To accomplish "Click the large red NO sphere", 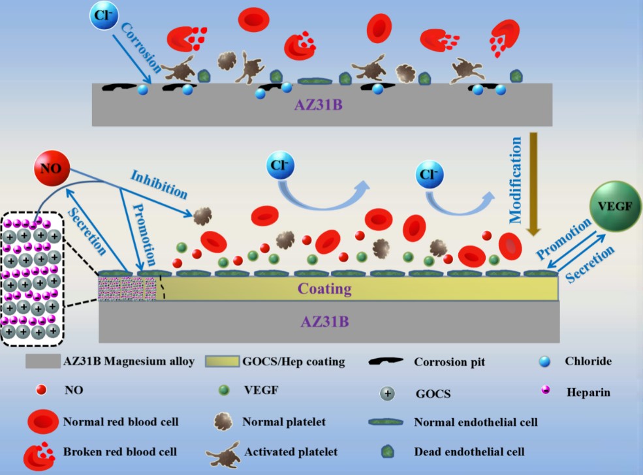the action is point(52,168).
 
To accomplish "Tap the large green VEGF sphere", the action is point(615,206).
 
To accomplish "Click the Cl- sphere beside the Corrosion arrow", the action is point(104,15).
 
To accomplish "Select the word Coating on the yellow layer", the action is point(324,288).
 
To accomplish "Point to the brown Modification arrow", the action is point(533,184).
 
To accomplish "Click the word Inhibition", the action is point(159,185).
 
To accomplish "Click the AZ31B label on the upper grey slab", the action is point(318,105).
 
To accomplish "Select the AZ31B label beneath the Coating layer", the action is point(325,321).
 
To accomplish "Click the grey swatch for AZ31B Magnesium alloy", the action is point(43,361).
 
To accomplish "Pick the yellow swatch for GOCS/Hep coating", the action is point(222,361).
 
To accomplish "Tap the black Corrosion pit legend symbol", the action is point(385,361).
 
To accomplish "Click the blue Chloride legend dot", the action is point(544,361).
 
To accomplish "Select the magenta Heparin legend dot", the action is point(546,390).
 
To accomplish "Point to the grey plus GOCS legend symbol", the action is point(387,393).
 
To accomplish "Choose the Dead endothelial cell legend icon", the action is point(388,452).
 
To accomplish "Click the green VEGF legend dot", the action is point(224,390).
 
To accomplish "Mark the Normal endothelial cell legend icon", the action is point(386,422).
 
